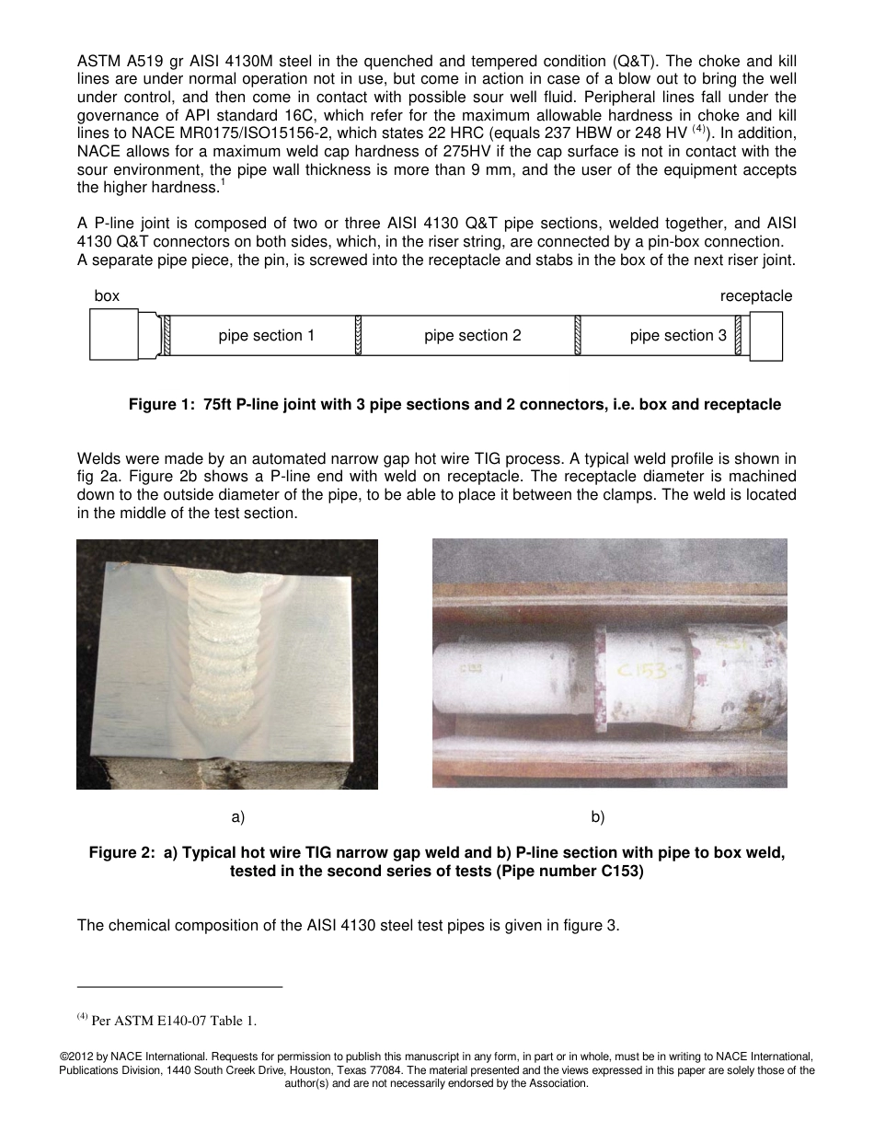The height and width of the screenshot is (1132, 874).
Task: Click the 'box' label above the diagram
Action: coord(107,296)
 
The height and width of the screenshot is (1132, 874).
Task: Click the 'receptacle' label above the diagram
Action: coord(755,296)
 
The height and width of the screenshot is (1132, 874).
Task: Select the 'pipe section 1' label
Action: coord(267,336)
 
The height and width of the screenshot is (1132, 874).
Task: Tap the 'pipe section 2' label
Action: coord(472,336)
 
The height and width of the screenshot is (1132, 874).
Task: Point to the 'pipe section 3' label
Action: coord(678,336)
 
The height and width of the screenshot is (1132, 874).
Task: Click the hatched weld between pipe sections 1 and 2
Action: coord(357,336)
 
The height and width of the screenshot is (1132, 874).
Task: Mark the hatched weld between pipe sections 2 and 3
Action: coord(578,336)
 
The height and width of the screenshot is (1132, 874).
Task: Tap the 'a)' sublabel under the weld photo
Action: coord(237,816)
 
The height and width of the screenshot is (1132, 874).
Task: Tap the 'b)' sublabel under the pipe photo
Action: coord(597,816)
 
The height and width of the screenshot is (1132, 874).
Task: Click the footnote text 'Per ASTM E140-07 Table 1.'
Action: coord(175,1020)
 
